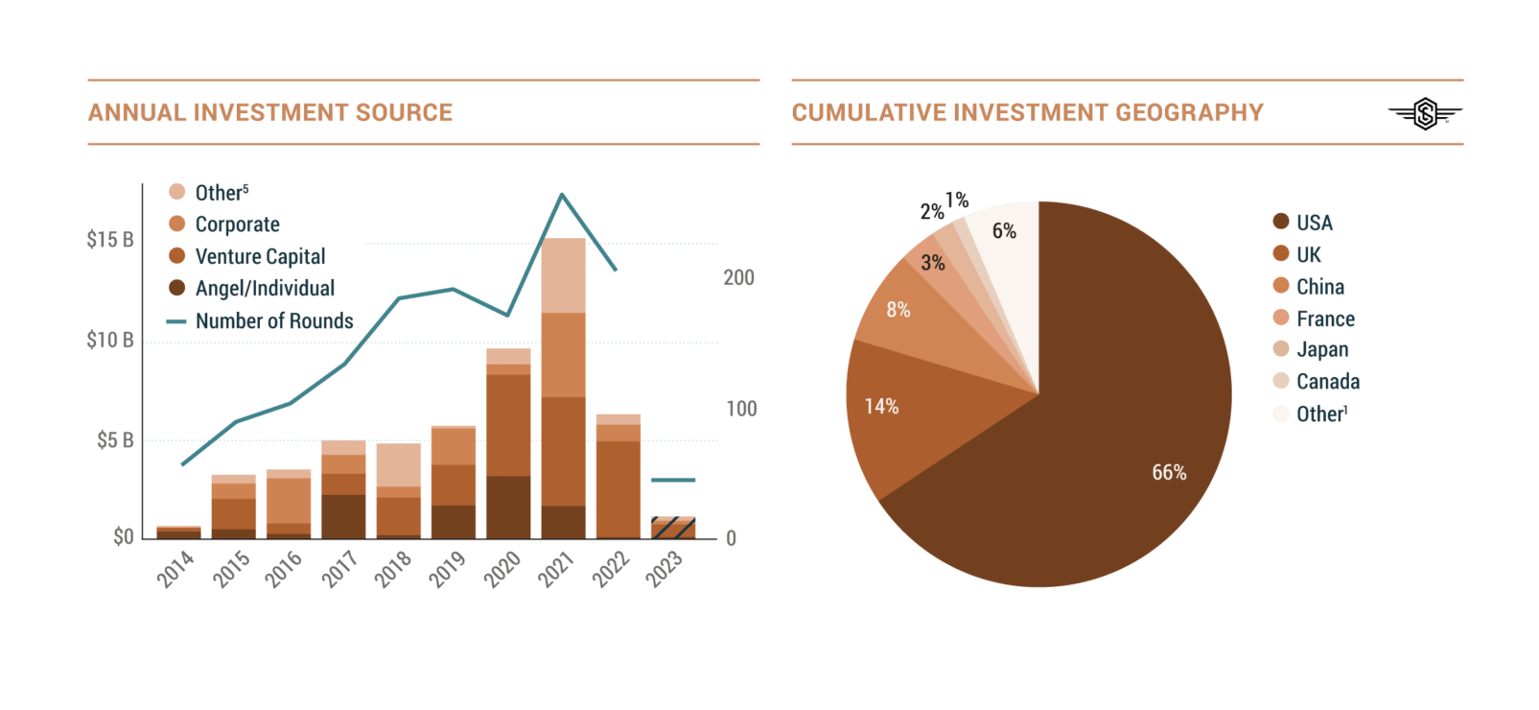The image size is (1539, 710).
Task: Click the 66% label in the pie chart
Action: click(x=1169, y=472)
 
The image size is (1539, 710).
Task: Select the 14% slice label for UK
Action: click(x=881, y=407)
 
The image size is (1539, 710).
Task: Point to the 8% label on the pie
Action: click(x=898, y=310)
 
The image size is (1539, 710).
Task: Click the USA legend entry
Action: click(x=1314, y=223)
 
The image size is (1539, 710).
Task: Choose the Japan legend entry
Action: click(x=1321, y=349)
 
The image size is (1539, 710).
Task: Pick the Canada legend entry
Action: click(x=1327, y=382)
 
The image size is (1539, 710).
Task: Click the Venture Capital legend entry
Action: click(x=260, y=256)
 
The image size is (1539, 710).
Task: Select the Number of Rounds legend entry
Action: click(x=274, y=320)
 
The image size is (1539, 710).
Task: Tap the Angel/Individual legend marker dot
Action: click(x=176, y=288)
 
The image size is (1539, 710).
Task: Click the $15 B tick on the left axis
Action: click(x=110, y=239)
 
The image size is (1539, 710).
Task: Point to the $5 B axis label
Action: click(x=115, y=440)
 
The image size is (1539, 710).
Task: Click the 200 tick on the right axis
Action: click(x=738, y=277)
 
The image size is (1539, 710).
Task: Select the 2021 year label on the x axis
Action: click(x=556, y=569)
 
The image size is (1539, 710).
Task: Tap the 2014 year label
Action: click(x=175, y=570)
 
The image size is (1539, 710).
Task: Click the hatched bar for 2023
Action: click(x=673, y=527)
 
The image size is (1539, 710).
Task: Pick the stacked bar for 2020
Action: click(x=508, y=442)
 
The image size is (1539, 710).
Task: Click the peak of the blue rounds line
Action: click(x=562, y=195)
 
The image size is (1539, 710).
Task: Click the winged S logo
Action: click(x=1425, y=114)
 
